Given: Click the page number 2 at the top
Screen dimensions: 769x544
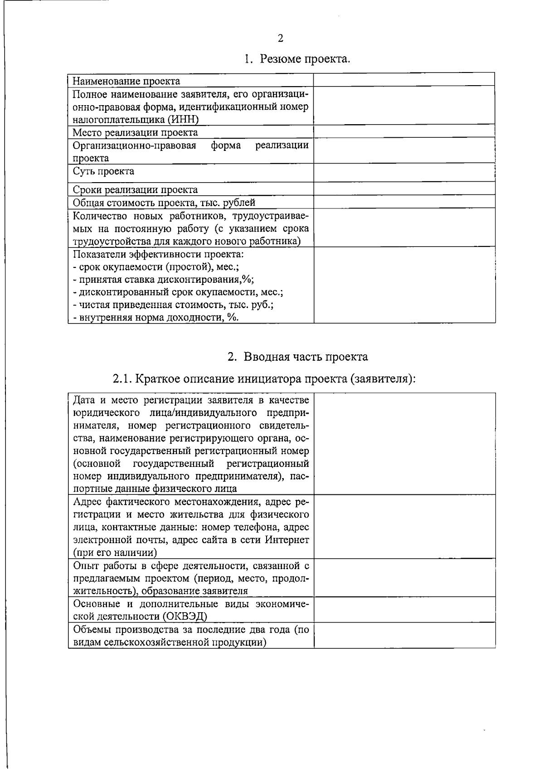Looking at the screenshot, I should (x=280, y=38).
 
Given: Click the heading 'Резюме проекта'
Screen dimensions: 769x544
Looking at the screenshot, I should (x=305, y=59).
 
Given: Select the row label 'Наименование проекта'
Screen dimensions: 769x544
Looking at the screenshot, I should (x=126, y=81).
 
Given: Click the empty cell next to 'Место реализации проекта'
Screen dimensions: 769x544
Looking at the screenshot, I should (x=404, y=131).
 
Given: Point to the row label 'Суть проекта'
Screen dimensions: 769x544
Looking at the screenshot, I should (x=104, y=171).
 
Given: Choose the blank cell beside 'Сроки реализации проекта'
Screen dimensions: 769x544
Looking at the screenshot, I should (x=404, y=189).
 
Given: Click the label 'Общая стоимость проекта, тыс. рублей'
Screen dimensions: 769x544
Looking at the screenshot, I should (x=164, y=202).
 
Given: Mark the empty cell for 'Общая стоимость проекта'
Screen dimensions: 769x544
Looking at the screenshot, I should (x=404, y=202).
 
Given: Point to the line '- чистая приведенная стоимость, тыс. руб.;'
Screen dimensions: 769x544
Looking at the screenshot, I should (x=173, y=305).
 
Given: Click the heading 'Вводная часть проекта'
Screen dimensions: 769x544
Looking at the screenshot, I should (x=306, y=357).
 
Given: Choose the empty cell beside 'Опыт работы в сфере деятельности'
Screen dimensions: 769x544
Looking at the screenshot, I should (x=404, y=578).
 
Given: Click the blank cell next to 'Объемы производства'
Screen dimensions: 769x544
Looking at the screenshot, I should (x=404, y=635).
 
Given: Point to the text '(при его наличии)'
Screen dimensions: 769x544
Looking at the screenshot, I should (x=115, y=552).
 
